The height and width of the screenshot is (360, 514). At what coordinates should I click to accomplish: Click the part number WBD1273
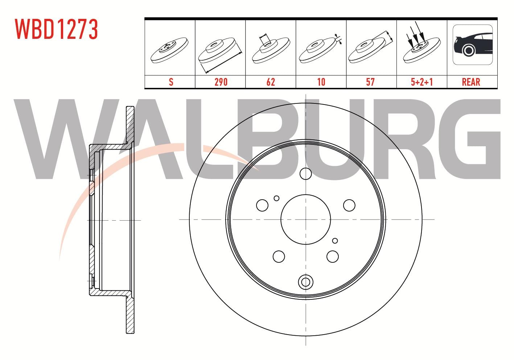pyautogui.click(x=56, y=29)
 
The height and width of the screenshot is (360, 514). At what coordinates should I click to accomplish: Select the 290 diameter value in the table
pyautogui.click(x=221, y=82)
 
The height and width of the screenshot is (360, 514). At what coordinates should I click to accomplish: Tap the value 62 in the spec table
pyautogui.click(x=271, y=82)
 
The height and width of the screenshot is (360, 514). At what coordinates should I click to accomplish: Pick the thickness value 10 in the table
pyautogui.click(x=321, y=82)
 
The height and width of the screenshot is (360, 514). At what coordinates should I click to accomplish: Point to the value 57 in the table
pyautogui.click(x=370, y=82)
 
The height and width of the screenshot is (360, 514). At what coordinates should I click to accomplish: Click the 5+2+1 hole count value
pyautogui.click(x=422, y=82)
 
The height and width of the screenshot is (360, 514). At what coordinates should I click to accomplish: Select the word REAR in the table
pyautogui.click(x=471, y=82)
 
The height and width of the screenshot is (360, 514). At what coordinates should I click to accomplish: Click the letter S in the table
pyautogui.click(x=171, y=82)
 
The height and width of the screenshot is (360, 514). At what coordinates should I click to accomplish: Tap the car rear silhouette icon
pyautogui.click(x=473, y=45)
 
